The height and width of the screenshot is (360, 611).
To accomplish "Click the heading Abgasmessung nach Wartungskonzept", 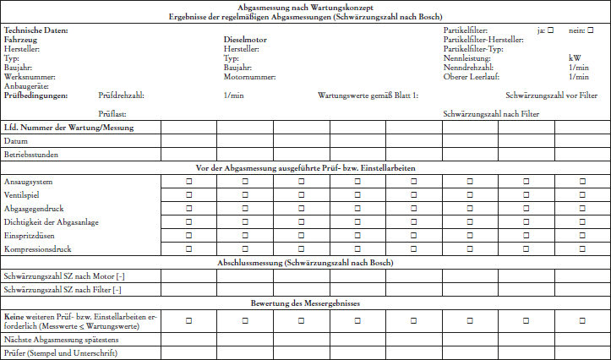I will point(305,6).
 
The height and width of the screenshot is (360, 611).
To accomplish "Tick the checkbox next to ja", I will point(550,30).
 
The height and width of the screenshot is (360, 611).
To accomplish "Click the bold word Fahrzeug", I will point(20,40).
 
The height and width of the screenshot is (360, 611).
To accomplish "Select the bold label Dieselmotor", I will point(246,40).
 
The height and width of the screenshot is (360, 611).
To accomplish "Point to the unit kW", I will point(575,58).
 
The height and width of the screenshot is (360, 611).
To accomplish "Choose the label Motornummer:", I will point(249,77).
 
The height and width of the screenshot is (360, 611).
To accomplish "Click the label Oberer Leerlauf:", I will point(471,77).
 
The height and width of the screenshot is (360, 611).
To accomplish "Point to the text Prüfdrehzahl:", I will point(121,95).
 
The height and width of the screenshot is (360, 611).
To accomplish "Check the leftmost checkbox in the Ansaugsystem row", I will point(188,183).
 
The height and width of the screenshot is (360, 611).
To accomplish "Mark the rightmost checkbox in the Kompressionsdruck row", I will point(582,250).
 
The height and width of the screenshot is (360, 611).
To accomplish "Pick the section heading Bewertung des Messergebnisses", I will point(305,303).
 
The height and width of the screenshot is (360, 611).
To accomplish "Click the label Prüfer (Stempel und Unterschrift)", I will point(60,352).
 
